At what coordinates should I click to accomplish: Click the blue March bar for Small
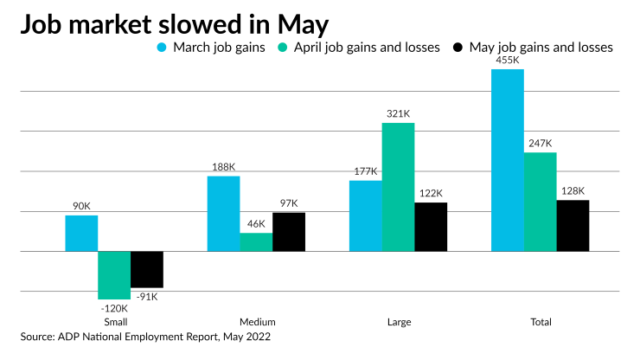tap(81, 233)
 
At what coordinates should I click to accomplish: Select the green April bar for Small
tap(114, 274)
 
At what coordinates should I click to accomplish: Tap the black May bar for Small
tap(147, 269)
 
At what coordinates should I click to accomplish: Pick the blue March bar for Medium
tap(224, 214)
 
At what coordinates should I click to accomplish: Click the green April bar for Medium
tap(256, 241)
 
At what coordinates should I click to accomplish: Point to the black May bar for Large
tap(431, 227)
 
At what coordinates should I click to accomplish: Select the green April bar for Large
tap(398, 187)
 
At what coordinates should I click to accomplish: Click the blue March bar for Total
tap(508, 160)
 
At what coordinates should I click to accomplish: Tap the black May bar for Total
tap(573, 225)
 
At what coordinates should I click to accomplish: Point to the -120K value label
tap(114, 307)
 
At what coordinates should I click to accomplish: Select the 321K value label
tap(398, 114)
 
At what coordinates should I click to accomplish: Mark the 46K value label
tap(256, 224)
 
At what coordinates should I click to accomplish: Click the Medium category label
tap(256, 322)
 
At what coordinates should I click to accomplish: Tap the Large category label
tap(398, 322)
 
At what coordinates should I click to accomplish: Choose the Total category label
tap(541, 322)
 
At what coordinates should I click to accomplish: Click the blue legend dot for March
tap(162, 48)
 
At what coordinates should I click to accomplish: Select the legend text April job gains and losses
tap(367, 48)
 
